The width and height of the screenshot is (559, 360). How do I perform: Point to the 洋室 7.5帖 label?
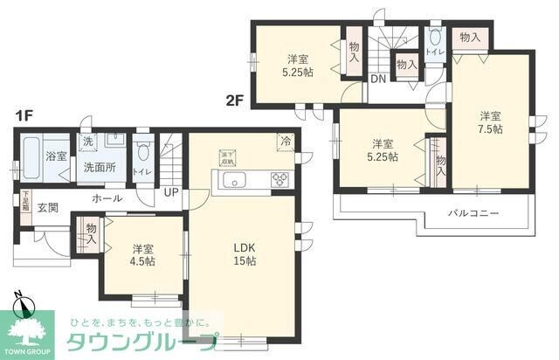pos(489,122)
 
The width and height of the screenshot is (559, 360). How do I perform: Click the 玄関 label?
pos(47,208)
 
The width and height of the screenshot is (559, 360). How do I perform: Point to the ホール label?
pos(107,199)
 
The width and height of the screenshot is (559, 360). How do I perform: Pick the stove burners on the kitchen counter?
pos(281,182)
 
